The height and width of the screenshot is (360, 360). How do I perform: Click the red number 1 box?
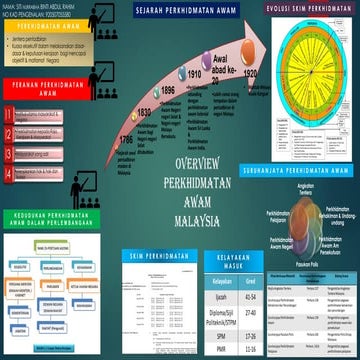pyautogui.click(x=8, y=114)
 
